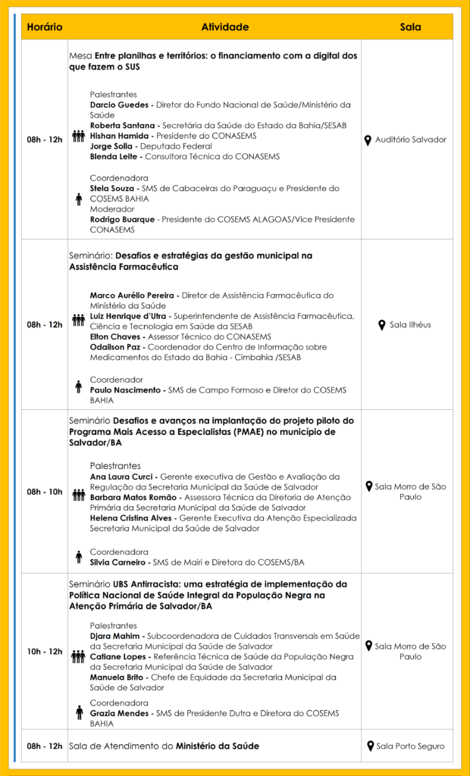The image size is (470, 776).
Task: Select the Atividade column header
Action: [x=224, y=27]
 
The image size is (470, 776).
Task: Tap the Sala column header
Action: [x=410, y=27]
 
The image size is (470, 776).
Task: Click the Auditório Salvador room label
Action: [x=411, y=139]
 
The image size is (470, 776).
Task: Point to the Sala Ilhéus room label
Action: [x=410, y=325]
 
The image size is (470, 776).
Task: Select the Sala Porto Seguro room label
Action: [x=411, y=746]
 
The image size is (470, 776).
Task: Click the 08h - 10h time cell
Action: [x=45, y=492]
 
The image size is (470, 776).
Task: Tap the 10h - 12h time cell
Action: [x=45, y=652]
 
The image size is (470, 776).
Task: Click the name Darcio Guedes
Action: [x=119, y=105]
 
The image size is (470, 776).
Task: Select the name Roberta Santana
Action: [x=124, y=125]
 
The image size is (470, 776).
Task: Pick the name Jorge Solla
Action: [x=113, y=146]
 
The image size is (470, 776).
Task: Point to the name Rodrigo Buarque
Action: [x=124, y=219]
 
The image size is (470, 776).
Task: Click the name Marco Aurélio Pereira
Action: [x=133, y=295]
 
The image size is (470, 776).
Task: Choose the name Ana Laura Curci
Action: [x=123, y=476]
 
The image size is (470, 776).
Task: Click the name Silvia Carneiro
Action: [x=121, y=562]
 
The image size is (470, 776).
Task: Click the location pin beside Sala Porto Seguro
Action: [x=369, y=746]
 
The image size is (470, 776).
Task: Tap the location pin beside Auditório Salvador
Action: [x=368, y=139]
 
